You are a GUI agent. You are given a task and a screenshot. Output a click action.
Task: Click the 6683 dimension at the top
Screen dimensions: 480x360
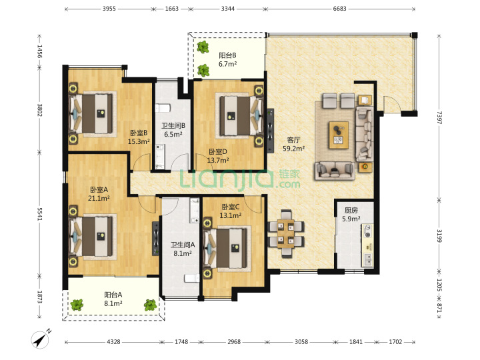[x=339, y=9]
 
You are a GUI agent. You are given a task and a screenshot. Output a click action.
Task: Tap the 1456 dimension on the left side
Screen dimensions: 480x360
[x=40, y=51]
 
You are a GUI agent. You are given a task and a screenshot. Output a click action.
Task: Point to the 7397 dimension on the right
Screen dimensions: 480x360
[x=439, y=117]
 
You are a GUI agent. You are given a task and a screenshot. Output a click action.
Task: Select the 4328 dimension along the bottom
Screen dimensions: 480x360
[x=113, y=341]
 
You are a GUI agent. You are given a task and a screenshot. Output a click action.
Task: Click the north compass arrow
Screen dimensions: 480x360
[x=41, y=339]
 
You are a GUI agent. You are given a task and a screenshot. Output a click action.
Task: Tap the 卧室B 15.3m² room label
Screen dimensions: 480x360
[x=139, y=137]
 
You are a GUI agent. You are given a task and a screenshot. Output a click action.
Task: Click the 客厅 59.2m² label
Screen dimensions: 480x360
[x=293, y=144]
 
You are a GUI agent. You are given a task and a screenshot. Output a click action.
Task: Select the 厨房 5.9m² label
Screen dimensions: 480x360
[x=351, y=215]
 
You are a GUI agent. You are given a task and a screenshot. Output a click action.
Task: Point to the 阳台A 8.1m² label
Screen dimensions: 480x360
[x=113, y=299]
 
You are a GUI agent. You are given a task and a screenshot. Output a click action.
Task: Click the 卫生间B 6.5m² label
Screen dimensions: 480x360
[x=173, y=130]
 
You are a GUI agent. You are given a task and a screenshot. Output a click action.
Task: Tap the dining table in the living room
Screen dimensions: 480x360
[x=286, y=233]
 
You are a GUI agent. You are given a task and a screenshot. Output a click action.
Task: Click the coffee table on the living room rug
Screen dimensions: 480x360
[x=339, y=135]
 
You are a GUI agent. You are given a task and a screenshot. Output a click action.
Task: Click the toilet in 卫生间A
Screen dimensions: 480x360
[x=191, y=278]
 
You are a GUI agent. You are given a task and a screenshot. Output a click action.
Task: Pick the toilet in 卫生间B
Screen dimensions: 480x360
[x=163, y=108]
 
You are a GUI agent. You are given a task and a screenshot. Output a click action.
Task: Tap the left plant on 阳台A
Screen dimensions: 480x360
[x=77, y=305]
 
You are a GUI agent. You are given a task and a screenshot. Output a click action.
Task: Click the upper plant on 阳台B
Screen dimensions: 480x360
[x=203, y=47]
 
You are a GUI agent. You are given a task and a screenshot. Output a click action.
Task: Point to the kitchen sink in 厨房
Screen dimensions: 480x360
[x=367, y=259]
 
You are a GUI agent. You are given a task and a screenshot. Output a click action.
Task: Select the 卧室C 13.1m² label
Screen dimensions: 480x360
[x=231, y=211]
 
